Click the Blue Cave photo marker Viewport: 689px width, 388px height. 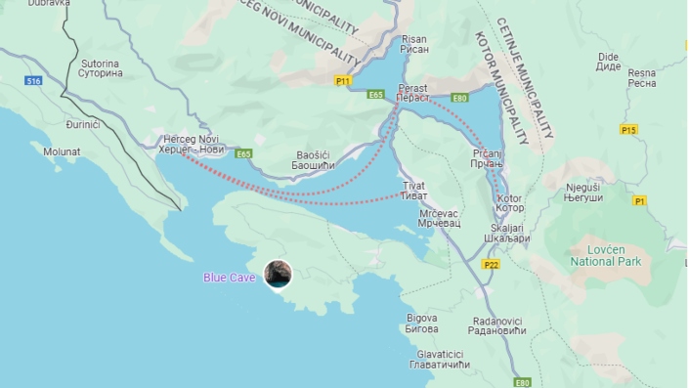[279, 274]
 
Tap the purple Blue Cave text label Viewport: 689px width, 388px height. [230, 278]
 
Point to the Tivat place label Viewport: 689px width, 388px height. [413, 190]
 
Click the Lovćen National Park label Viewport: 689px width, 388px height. [597, 255]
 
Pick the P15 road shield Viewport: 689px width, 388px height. [628, 129]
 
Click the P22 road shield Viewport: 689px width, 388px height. [491, 264]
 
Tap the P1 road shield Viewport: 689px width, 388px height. [639, 201]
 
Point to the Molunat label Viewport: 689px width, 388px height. [61, 151]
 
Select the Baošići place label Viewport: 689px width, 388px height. [315, 159]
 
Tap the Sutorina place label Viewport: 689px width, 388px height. [102, 67]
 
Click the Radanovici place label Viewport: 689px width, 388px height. [498, 325]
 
